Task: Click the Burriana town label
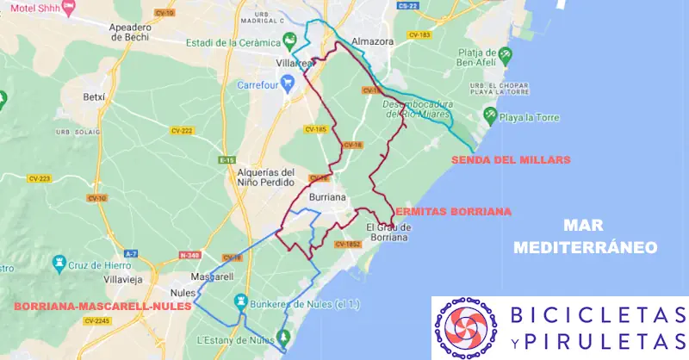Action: [x=327, y=196]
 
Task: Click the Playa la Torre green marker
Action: [x=490, y=114]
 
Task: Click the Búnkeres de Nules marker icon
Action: [x=243, y=301]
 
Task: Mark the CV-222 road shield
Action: [x=182, y=130]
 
